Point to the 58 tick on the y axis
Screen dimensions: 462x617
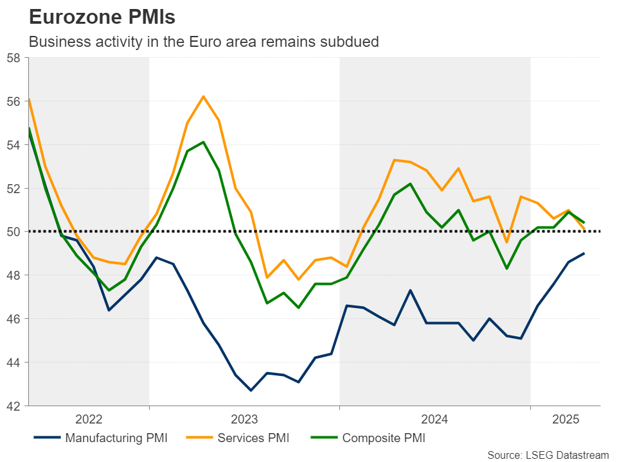coord(13,58)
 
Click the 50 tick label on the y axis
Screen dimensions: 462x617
coord(13,232)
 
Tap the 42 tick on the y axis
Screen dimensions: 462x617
coord(13,406)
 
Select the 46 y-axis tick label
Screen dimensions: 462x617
coord(13,319)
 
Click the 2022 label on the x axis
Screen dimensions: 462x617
coord(89,420)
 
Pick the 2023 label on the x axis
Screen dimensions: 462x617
coord(244,420)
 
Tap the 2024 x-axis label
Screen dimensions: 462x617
coord(434,420)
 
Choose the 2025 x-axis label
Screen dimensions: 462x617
coord(565,420)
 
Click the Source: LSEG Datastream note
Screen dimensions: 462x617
coord(548,455)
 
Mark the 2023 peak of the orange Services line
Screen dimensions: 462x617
coord(203,96)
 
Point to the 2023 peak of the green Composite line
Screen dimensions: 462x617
coord(203,142)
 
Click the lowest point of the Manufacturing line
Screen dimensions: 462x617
coord(251,390)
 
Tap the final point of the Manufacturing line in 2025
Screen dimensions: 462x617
coord(584,253)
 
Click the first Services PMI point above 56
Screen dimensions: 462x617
coord(30,99)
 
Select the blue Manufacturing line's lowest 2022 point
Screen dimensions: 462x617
coord(109,310)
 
